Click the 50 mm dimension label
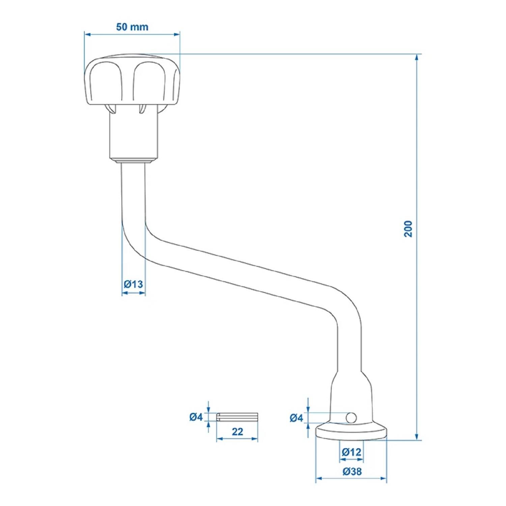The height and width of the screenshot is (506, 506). coord(132,27)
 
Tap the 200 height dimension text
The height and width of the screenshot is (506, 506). coord(408,229)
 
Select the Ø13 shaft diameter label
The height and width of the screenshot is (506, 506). coord(133,284)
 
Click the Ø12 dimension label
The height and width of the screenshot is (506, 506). coord(351,452)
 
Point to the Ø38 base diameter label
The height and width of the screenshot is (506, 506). coord(352,471)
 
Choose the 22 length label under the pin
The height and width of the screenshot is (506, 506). coord(237,431)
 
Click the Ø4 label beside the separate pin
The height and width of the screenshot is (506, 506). coord(196,417)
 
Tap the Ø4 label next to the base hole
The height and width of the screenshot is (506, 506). coord(297,418)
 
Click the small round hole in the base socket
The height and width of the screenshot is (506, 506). coord(351,418)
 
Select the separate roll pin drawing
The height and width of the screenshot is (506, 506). coord(237,417)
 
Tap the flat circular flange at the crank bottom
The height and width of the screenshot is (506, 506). coord(351,433)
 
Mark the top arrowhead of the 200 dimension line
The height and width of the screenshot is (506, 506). coord(417,57)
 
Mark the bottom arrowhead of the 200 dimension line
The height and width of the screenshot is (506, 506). coord(417,437)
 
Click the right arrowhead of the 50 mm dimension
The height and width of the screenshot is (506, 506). coord(177,34)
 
